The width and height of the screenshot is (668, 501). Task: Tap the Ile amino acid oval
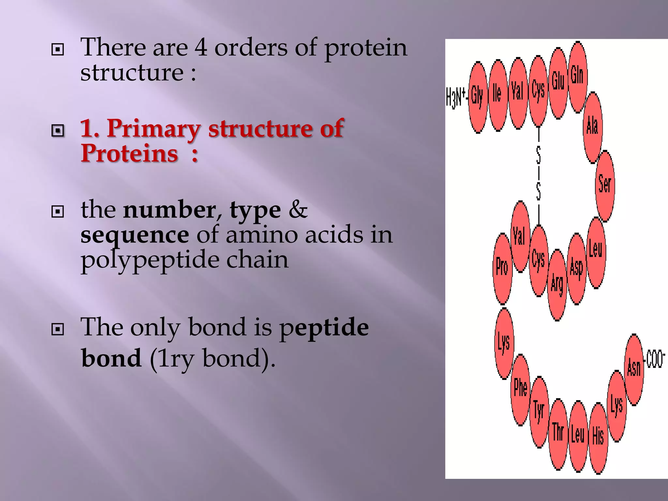[x=498, y=95]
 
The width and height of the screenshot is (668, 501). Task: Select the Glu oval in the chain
[x=558, y=83]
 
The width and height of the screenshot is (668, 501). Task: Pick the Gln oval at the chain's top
[x=578, y=77]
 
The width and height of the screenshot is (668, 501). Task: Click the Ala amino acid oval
[x=592, y=127]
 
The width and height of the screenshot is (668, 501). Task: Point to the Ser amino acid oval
[x=605, y=186]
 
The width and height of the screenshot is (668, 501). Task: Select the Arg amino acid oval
[x=557, y=285]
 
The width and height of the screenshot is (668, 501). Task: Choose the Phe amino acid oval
[x=520, y=390]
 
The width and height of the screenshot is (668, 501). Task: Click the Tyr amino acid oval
[x=539, y=412]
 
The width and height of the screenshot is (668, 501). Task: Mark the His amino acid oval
[x=598, y=438]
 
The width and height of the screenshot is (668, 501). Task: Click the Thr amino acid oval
[x=558, y=434]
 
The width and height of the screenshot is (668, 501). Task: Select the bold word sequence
[x=134, y=235]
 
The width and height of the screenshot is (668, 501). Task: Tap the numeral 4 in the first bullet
[x=201, y=48]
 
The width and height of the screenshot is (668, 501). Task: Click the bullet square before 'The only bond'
[x=58, y=329]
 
